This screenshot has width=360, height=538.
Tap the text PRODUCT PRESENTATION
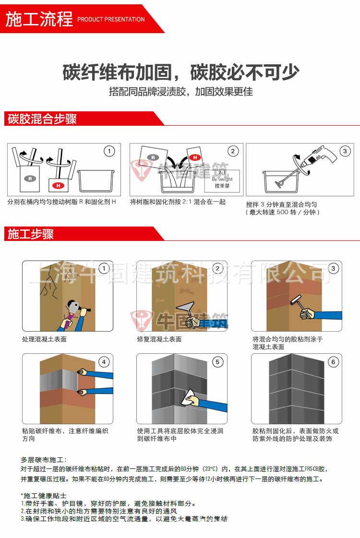tap(111, 20)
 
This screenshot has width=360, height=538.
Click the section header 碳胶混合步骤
tap(42, 119)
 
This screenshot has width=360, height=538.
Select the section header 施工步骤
tap(31, 234)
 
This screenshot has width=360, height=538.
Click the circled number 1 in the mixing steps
tap(109, 151)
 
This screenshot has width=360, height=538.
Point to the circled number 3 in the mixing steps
tap(345, 151)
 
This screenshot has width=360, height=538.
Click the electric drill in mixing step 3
tap(319, 158)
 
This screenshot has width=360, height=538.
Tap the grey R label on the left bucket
tap(30, 178)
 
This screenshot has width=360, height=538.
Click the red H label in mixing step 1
tap(57, 185)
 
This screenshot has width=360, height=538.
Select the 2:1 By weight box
tap(222, 179)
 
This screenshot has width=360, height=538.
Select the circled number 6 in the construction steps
tap(333, 362)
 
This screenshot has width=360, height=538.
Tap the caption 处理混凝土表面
tap(44, 339)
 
